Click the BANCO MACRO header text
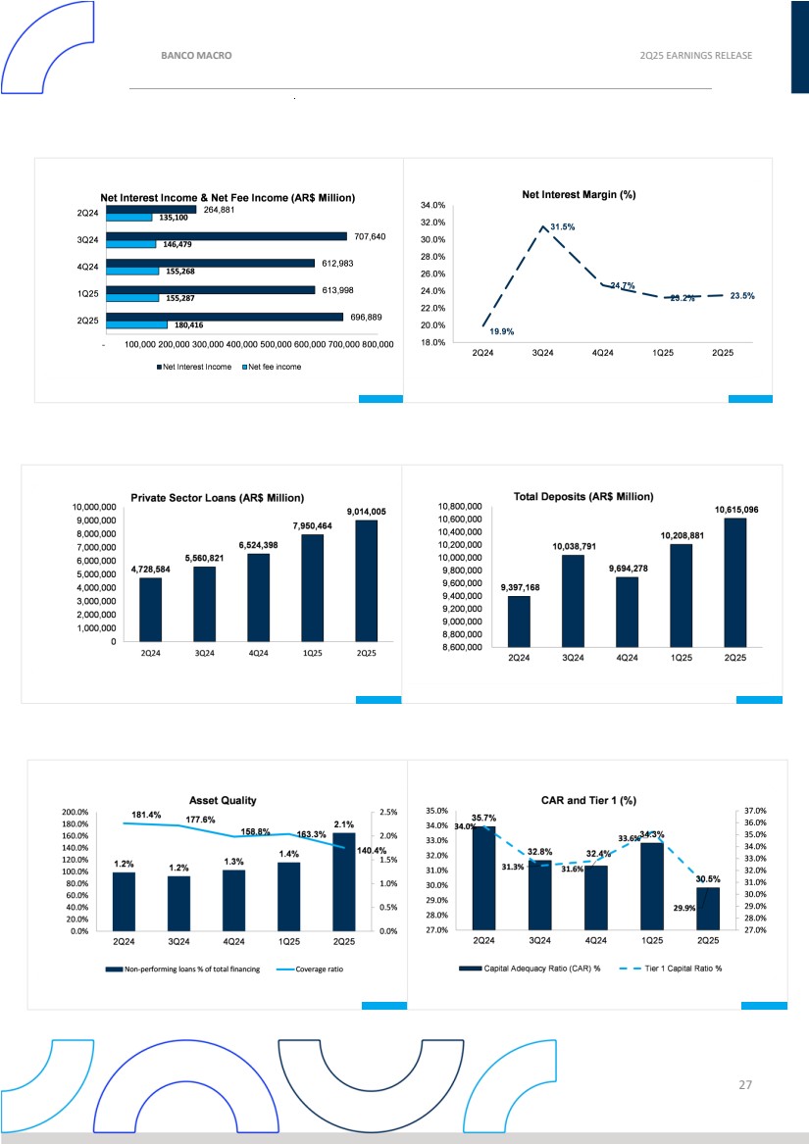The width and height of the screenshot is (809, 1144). point(196,56)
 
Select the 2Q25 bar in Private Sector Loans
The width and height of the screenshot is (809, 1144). point(366,580)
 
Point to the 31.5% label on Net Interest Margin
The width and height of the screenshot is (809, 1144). point(562,227)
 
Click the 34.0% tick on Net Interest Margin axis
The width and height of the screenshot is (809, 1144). point(434,206)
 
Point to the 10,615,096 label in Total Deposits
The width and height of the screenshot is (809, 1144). point(735,510)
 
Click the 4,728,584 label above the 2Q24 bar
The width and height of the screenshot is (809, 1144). point(151,569)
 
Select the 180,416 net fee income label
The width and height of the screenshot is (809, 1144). point(190,324)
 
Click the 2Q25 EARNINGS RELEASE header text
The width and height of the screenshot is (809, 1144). point(694,56)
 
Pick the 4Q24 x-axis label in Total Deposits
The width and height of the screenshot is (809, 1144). point(627,658)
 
